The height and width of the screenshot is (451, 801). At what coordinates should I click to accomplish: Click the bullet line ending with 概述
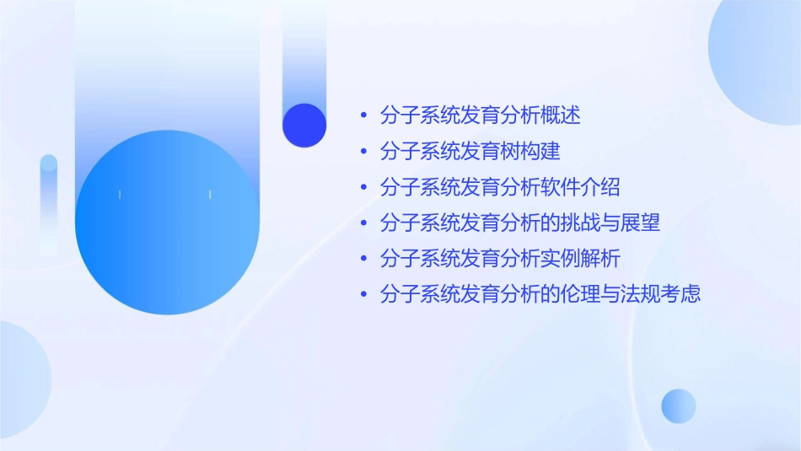pos(480,115)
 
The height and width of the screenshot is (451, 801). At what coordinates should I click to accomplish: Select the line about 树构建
pos(470,152)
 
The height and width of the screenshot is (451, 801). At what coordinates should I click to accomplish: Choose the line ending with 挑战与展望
pos(519,223)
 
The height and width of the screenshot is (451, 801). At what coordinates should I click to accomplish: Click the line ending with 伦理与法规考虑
pos(540,295)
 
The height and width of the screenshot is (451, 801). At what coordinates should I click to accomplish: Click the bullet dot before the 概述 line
pos(363,116)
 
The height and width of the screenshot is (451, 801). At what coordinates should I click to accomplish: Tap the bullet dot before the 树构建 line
pos(363,152)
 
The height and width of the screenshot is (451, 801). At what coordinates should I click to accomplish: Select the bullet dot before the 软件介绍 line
pos(363,188)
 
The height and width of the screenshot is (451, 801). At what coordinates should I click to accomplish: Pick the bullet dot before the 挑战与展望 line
pos(363,223)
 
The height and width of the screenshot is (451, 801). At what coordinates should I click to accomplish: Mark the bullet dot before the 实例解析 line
pos(363,260)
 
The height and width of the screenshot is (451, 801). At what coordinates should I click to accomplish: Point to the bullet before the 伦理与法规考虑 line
pos(363,295)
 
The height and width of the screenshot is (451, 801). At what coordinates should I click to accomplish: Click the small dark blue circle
pos(304,125)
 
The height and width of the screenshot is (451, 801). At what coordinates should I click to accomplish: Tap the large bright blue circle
pos(167,223)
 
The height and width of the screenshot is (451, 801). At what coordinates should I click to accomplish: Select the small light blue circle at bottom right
pos(679,405)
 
